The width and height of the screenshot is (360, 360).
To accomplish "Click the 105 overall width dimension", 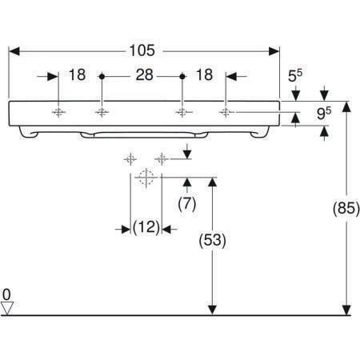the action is (x=142, y=50).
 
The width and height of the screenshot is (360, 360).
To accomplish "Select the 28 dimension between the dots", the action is (x=144, y=74).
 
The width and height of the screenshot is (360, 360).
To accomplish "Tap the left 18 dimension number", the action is (x=77, y=74).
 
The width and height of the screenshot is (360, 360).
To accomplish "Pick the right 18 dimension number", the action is (x=204, y=74).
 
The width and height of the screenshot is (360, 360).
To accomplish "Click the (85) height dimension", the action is (x=346, y=208).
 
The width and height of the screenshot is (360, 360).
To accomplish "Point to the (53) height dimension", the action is (x=212, y=240).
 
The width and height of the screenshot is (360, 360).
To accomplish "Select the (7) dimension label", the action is (x=187, y=204).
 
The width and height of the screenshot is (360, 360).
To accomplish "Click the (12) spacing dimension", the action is (x=146, y=227).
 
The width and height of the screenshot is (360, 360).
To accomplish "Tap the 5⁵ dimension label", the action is (x=295, y=76).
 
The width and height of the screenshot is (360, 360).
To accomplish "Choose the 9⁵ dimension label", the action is (x=324, y=113).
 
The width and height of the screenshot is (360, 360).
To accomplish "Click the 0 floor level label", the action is (x=6, y=295).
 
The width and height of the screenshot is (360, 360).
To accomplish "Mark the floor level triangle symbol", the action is (x=7, y=308).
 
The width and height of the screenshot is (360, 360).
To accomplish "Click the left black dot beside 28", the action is (x=102, y=77).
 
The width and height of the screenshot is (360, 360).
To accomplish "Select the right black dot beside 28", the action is (x=182, y=77).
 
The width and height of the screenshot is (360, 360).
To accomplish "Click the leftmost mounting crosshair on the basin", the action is (x=58, y=112).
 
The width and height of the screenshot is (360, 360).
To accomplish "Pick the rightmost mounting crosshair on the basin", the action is (x=226, y=112).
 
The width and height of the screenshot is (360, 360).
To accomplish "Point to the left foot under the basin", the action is (x=28, y=132).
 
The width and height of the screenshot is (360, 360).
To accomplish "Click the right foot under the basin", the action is (x=260, y=132).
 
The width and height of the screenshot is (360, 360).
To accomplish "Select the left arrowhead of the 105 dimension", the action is (x=14, y=51).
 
